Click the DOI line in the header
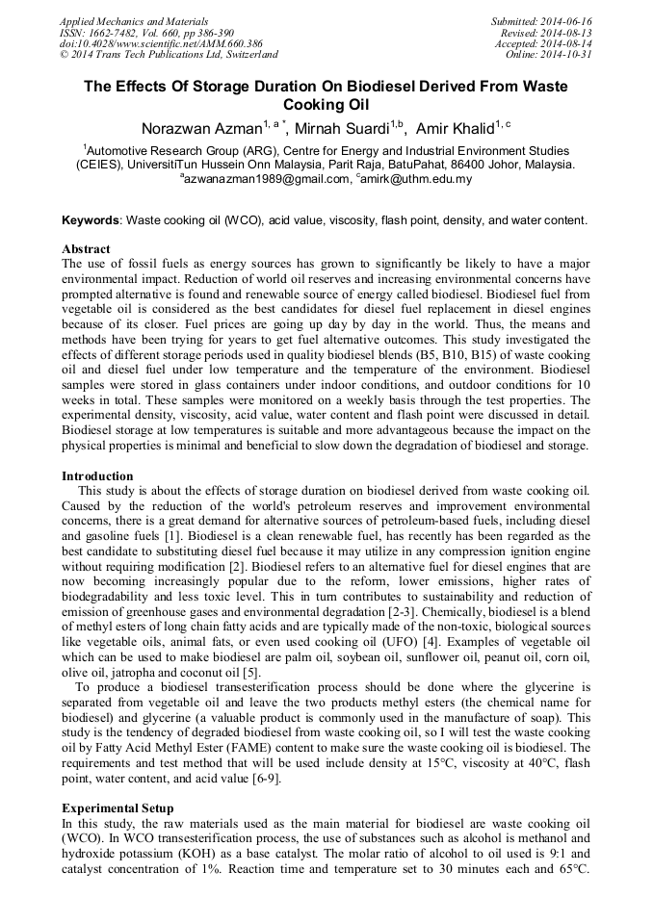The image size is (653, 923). [x=161, y=43]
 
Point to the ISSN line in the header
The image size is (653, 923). [x=151, y=32]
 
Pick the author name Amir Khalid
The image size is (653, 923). [x=456, y=128]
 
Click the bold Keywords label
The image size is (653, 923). [x=92, y=220]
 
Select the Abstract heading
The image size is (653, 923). [x=86, y=249]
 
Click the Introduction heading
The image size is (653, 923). [x=97, y=476]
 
